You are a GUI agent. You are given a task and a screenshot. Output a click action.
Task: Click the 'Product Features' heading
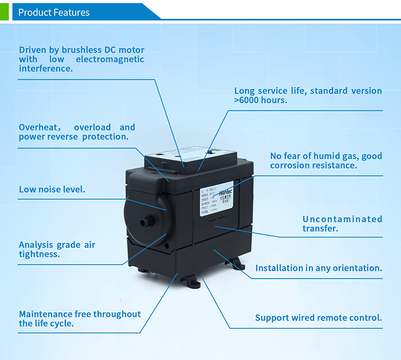pyautogui.click(x=54, y=12)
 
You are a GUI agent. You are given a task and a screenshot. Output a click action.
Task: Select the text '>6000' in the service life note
pyautogui.click(x=246, y=100)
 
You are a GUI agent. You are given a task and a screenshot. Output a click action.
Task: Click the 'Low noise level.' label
pyautogui.click(x=52, y=189)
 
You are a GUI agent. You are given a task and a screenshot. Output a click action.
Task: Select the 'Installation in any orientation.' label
pyautogui.click(x=319, y=268)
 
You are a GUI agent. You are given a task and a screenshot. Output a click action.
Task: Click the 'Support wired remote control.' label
pyautogui.click(x=319, y=318)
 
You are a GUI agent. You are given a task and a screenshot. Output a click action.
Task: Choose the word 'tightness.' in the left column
pyautogui.click(x=39, y=254)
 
